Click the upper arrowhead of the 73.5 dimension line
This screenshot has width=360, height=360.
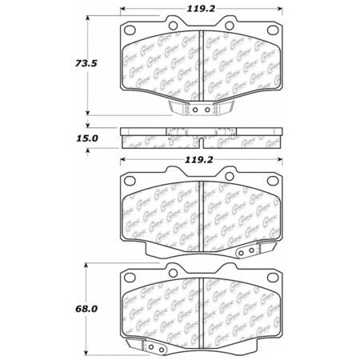click(87, 16)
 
